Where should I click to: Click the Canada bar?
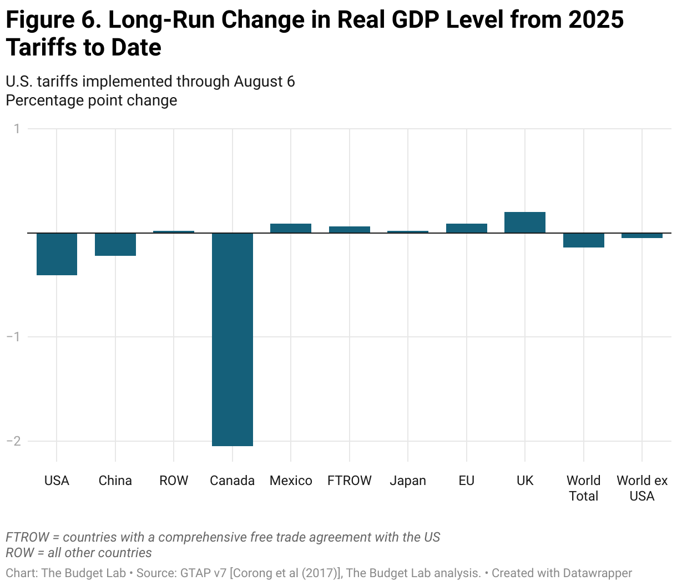pos(233,339)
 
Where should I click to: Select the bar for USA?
pos(57,254)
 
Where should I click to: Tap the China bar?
pos(115,244)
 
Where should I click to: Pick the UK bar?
pos(525,223)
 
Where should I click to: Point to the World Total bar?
pos(584,240)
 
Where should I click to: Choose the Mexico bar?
pos(291,228)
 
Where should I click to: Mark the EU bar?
pos(467,228)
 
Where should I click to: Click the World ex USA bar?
pos(642,235)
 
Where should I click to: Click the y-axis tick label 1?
pos(17,129)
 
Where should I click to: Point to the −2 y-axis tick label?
pos(13,441)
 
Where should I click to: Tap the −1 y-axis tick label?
pos(13,337)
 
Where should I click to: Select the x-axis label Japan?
pos(408,481)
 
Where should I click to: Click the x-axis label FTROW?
pos(350,481)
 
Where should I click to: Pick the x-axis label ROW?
pos(174,481)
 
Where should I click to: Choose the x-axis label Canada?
pos(233,481)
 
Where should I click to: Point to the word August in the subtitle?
pos(259,82)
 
